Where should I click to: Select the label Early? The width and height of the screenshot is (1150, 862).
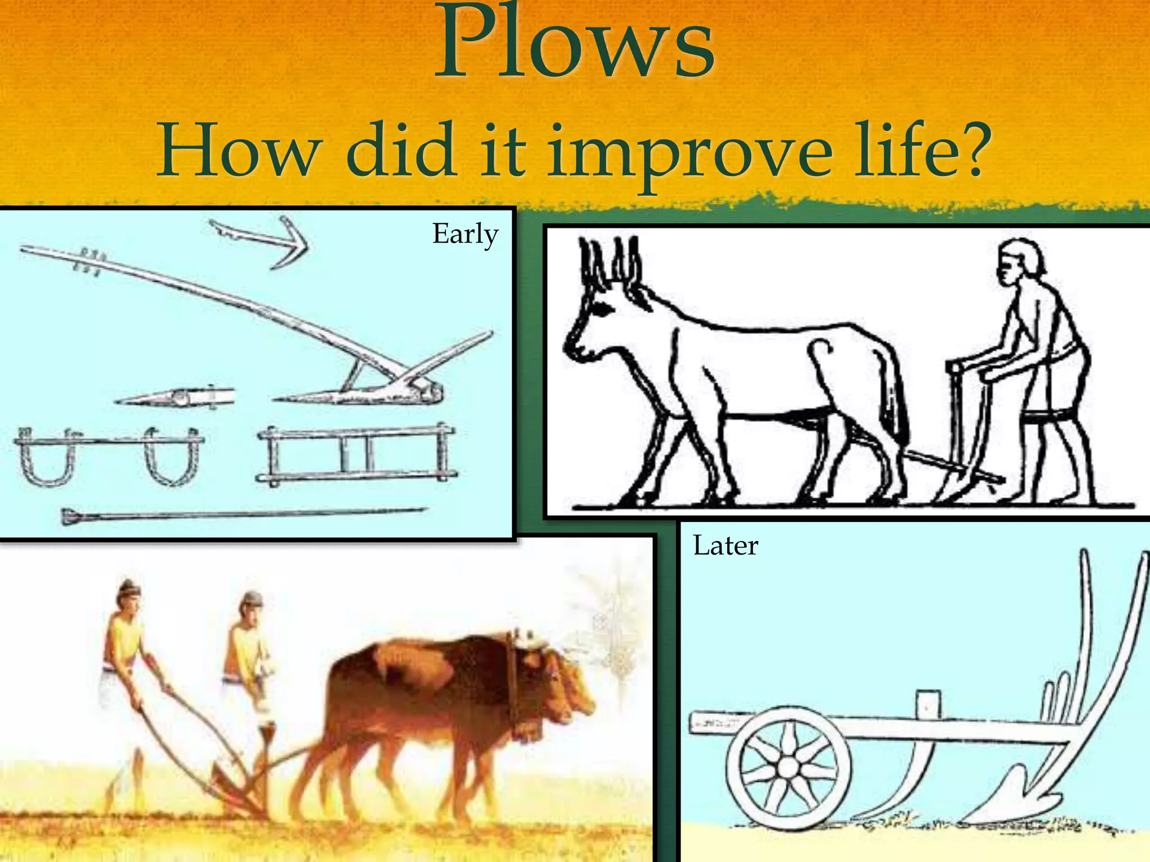point(465,234)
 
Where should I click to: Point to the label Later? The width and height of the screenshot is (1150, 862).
point(725,545)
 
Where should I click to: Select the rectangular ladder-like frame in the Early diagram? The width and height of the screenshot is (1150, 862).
point(357,455)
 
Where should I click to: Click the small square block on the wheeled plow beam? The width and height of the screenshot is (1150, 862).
point(928,704)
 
